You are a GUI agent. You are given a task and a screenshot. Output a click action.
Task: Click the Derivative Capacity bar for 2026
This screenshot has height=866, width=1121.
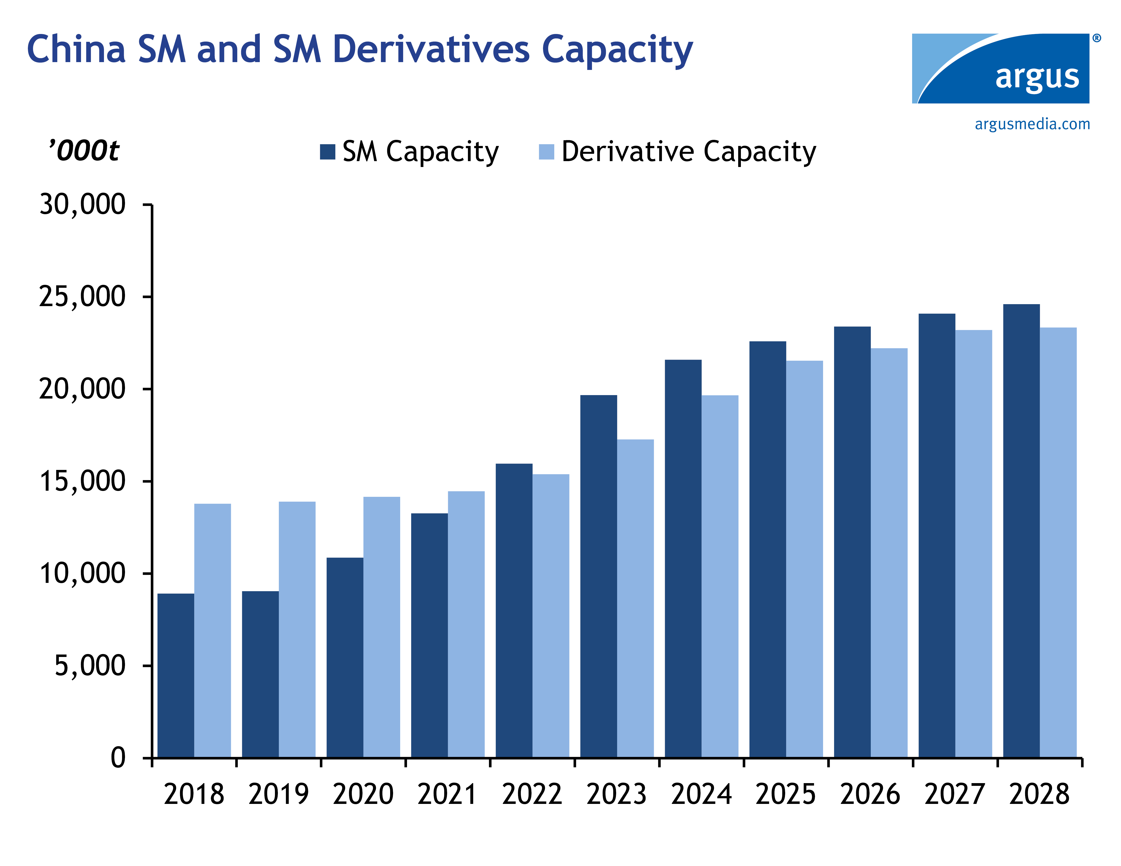(889, 553)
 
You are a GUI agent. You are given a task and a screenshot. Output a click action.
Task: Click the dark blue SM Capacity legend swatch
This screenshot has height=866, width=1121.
(328, 152)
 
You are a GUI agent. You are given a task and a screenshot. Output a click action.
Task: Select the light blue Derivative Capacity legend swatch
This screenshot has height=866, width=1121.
(547, 152)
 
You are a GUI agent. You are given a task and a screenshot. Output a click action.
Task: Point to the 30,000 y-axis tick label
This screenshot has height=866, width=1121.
(82, 204)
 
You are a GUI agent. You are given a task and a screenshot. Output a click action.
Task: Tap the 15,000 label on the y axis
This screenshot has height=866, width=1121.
(82, 481)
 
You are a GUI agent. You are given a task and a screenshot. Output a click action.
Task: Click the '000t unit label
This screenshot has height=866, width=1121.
(84, 150)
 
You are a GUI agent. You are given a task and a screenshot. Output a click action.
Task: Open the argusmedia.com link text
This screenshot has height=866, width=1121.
(1032, 124)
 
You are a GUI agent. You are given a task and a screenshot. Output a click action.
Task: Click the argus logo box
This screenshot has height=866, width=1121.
(1000, 68)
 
